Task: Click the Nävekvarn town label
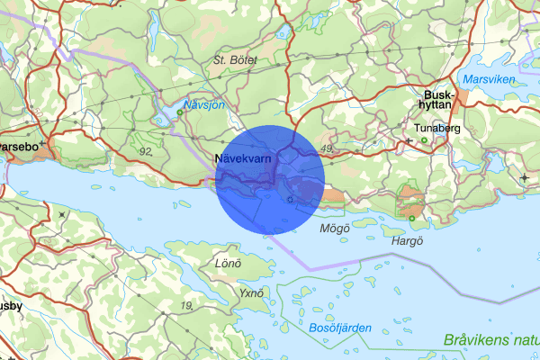[x=244, y=158]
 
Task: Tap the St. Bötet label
[x=235, y=59]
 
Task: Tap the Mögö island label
[x=334, y=229]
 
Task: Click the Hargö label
[x=406, y=241]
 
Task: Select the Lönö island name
[x=229, y=264]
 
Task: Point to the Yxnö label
[x=251, y=293]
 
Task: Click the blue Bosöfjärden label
[x=338, y=328]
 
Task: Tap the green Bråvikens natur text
[x=491, y=340]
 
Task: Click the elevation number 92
[x=146, y=151]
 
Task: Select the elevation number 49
[x=328, y=148]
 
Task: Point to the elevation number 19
[x=187, y=307]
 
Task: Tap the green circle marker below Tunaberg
[x=423, y=140]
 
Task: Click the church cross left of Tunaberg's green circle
[x=409, y=140]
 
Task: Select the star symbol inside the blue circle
[x=288, y=200]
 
